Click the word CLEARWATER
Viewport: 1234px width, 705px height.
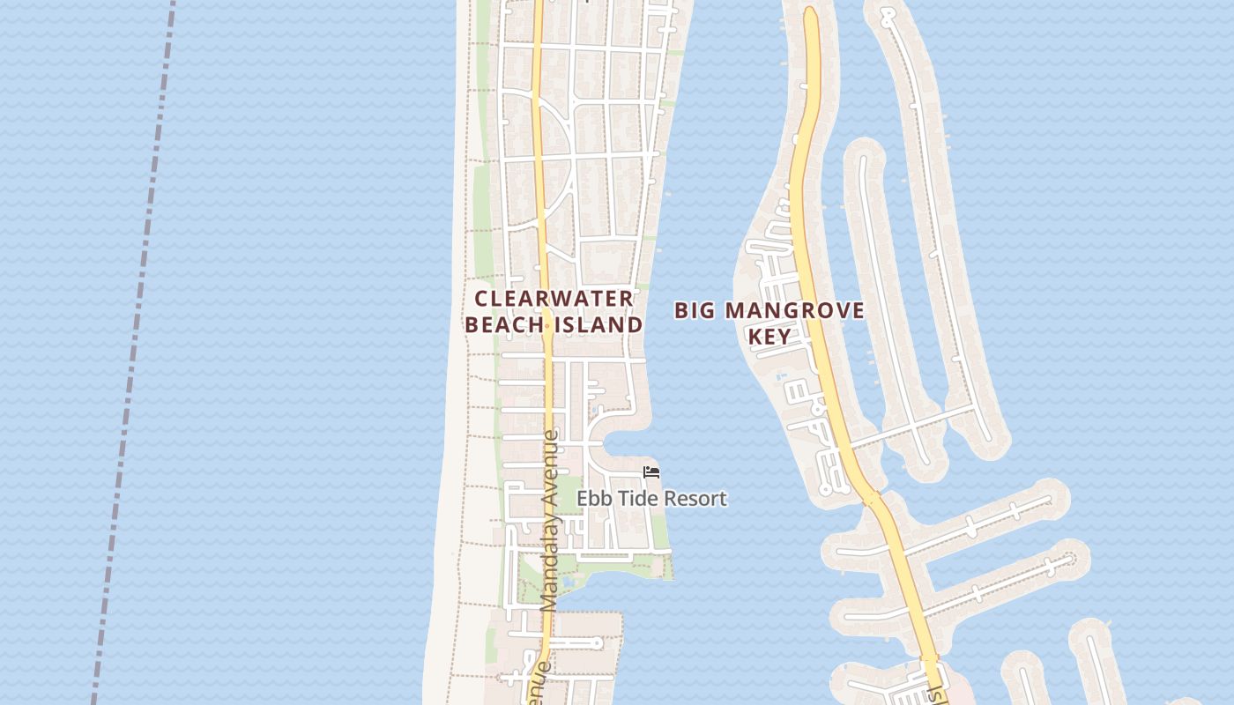pos(554,299)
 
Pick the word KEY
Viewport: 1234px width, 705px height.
pos(769,337)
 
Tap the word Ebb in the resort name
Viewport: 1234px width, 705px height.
pos(593,499)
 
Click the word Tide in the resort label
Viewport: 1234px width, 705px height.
pos(636,499)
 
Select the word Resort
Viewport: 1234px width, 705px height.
pos(695,499)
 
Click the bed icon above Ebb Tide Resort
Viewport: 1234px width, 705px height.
pos(651,473)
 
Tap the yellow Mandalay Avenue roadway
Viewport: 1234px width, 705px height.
pos(540,220)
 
